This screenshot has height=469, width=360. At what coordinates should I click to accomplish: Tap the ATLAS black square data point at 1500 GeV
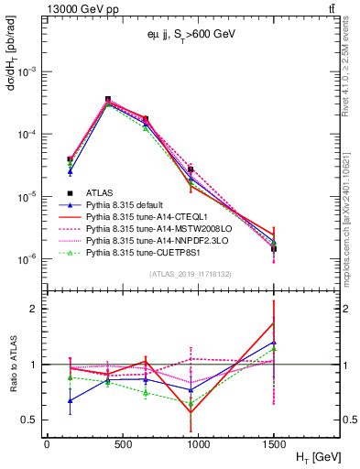[274, 249]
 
